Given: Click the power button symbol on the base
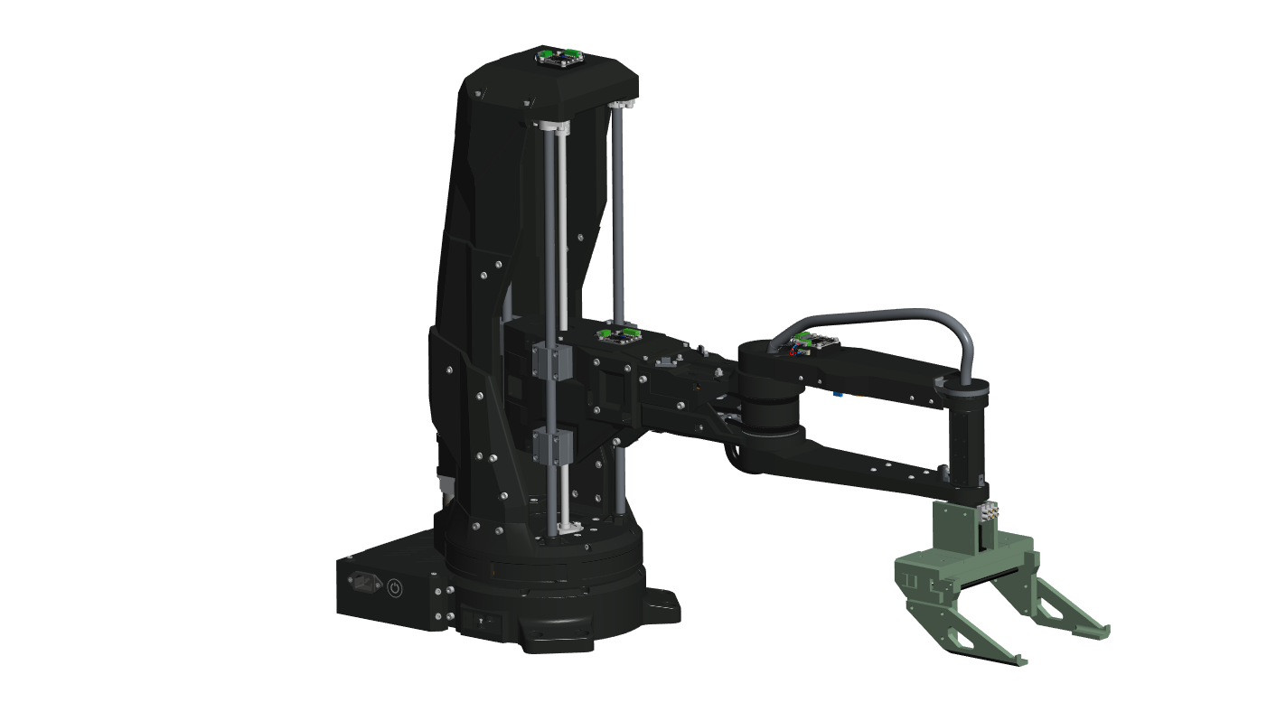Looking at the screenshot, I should pos(395,588).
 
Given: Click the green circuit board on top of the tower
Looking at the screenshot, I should pos(559,58).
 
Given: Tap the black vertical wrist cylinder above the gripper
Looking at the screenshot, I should pos(964,443).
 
